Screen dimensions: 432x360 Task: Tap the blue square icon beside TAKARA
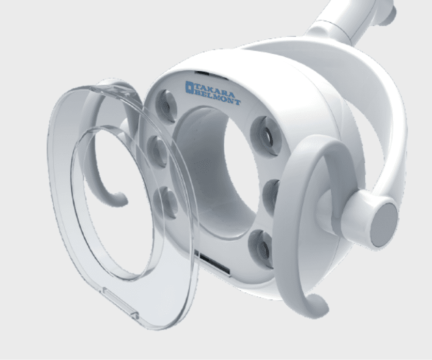coord(190,87)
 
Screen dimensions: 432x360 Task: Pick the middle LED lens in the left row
coord(158,151)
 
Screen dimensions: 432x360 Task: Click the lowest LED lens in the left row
coord(165,202)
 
